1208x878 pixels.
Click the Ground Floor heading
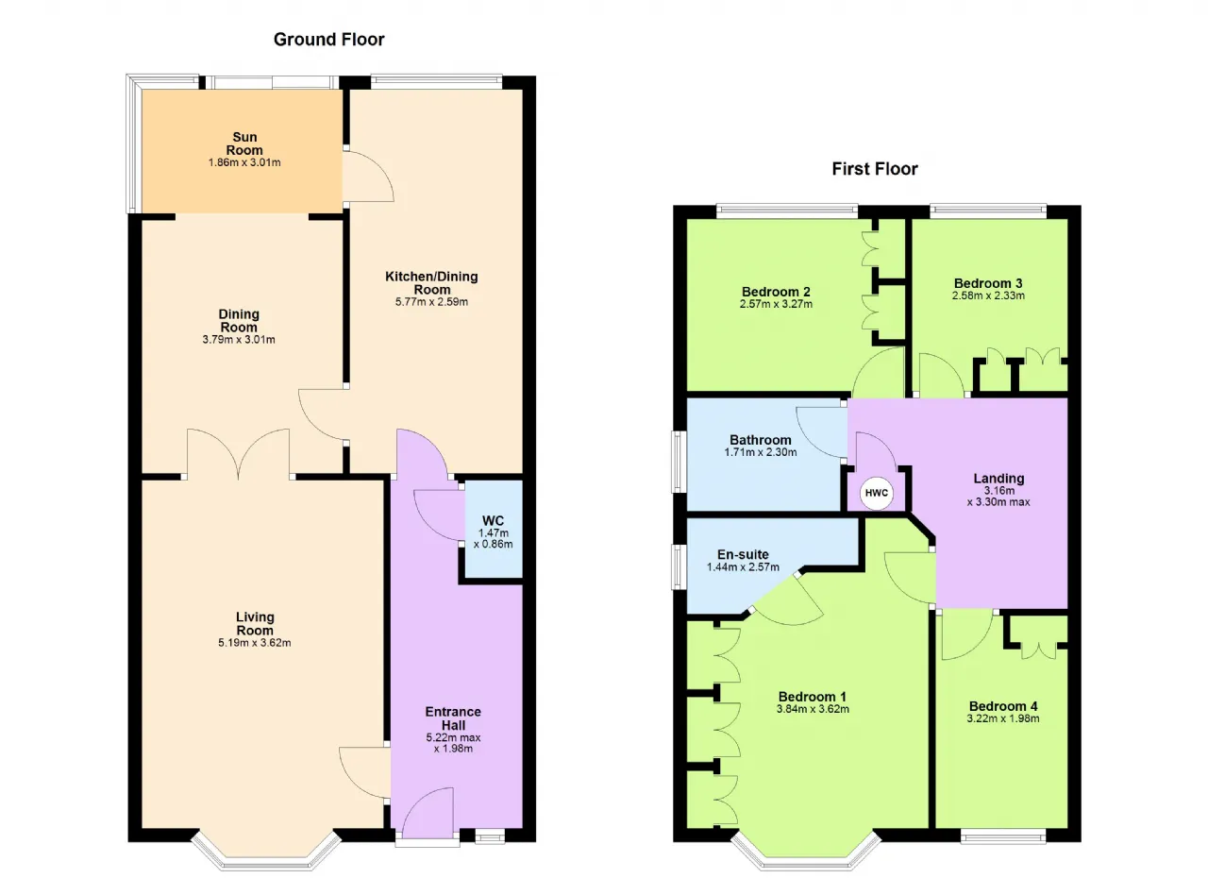pyautogui.click(x=329, y=40)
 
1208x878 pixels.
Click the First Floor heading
pyautogui.click(x=875, y=169)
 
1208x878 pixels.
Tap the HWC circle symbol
pyautogui.click(x=877, y=493)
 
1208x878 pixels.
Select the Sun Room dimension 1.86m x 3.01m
pyautogui.click(x=244, y=162)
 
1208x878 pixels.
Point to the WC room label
pyautogui.click(x=493, y=520)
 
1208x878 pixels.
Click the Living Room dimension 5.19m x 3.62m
pyautogui.click(x=255, y=642)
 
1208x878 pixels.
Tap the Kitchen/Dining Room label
pyautogui.click(x=431, y=282)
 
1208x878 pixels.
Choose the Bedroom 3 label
pyautogui.click(x=988, y=283)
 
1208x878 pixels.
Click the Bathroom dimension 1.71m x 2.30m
pyautogui.click(x=761, y=452)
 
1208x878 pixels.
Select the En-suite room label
pyautogui.click(x=743, y=554)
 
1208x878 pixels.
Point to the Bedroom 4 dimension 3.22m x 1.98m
pyautogui.click(x=1003, y=718)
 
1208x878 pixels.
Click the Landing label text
pyautogui.click(x=998, y=478)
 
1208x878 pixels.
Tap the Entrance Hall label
pyautogui.click(x=453, y=718)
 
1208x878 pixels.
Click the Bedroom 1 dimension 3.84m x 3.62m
pyautogui.click(x=813, y=709)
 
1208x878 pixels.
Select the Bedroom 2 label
pyautogui.click(x=776, y=292)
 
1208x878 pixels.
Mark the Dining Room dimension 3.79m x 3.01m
pyautogui.click(x=239, y=339)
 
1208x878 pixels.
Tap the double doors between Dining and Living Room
pyautogui.click(x=239, y=454)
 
